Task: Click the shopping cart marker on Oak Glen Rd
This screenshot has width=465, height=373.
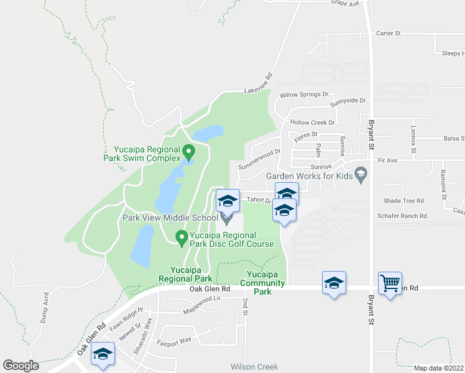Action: click(x=390, y=283)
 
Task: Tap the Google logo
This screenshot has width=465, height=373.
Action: click(x=21, y=366)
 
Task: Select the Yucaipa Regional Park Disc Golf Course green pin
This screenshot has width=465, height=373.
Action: click(x=182, y=237)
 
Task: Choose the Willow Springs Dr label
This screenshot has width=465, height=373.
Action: click(x=303, y=94)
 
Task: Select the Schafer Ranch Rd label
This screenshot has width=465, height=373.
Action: click(x=402, y=216)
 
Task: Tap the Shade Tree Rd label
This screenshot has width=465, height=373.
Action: click(x=403, y=201)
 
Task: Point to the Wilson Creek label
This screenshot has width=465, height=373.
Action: click(x=254, y=367)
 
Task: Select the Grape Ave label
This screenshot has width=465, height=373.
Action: click(x=345, y=4)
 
